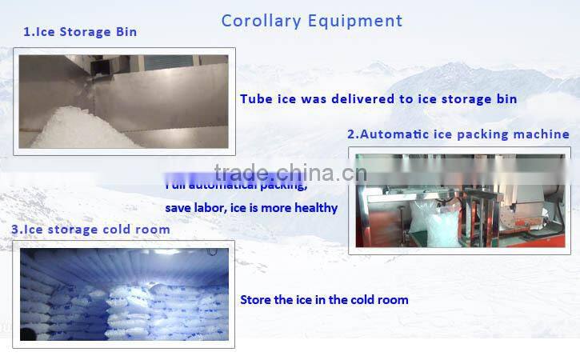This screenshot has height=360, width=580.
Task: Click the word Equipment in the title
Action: (x=356, y=20)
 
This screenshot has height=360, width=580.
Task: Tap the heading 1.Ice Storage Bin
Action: (x=79, y=32)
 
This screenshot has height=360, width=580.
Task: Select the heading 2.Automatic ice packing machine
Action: (x=458, y=134)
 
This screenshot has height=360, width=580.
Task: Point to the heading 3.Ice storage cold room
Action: (x=90, y=230)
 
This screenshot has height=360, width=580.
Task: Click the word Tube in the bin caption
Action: (x=256, y=99)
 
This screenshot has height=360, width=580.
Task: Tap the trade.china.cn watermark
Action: (x=290, y=172)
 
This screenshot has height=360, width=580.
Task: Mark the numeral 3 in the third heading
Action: (x=15, y=230)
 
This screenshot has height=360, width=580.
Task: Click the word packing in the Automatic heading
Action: (x=481, y=134)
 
